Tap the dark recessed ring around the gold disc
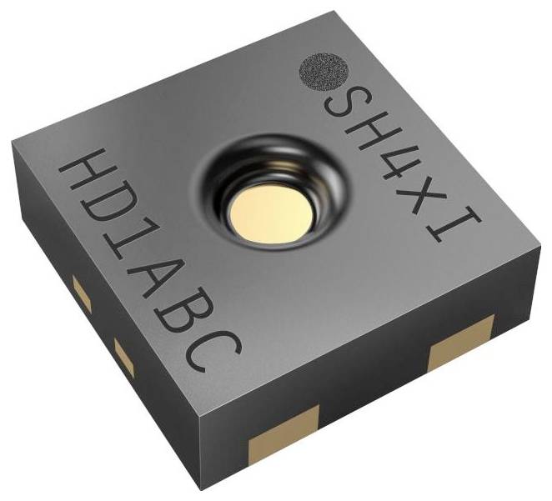(265, 171)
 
